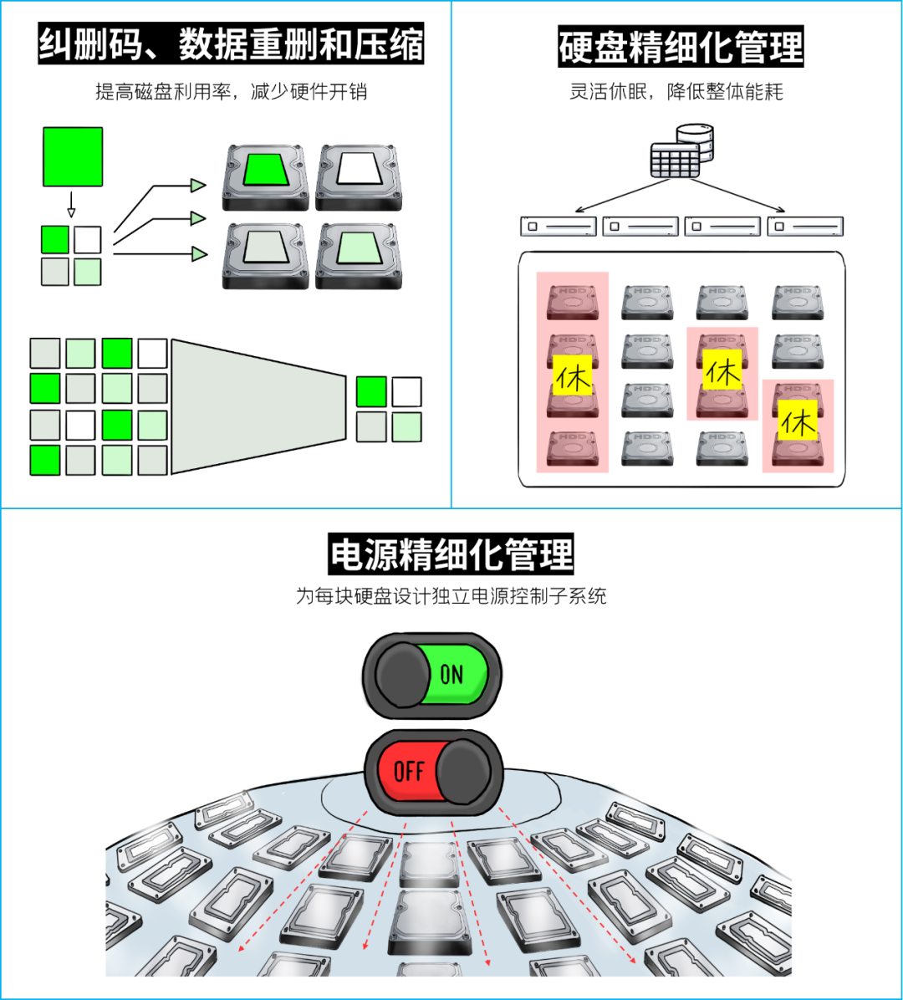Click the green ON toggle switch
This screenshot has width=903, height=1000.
(432, 675)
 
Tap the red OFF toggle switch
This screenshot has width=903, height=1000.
(434, 770)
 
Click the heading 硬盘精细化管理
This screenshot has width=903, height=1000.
(680, 48)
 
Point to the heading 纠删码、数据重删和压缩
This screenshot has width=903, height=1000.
(231, 44)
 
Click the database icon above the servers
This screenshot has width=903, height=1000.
(682, 151)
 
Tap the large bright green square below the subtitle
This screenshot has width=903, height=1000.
(73, 156)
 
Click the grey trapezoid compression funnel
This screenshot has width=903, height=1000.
(258, 406)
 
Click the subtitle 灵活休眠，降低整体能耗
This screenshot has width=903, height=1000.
(676, 92)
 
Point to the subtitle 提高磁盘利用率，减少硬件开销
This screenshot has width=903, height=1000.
(231, 92)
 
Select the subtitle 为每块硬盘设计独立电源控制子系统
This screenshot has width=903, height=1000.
(451, 596)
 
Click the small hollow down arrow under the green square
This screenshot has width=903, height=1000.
(71, 205)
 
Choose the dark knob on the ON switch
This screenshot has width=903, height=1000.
(403, 676)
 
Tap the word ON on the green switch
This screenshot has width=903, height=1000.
(451, 675)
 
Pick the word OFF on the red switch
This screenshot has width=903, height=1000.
(409, 770)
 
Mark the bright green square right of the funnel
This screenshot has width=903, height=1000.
(371, 391)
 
